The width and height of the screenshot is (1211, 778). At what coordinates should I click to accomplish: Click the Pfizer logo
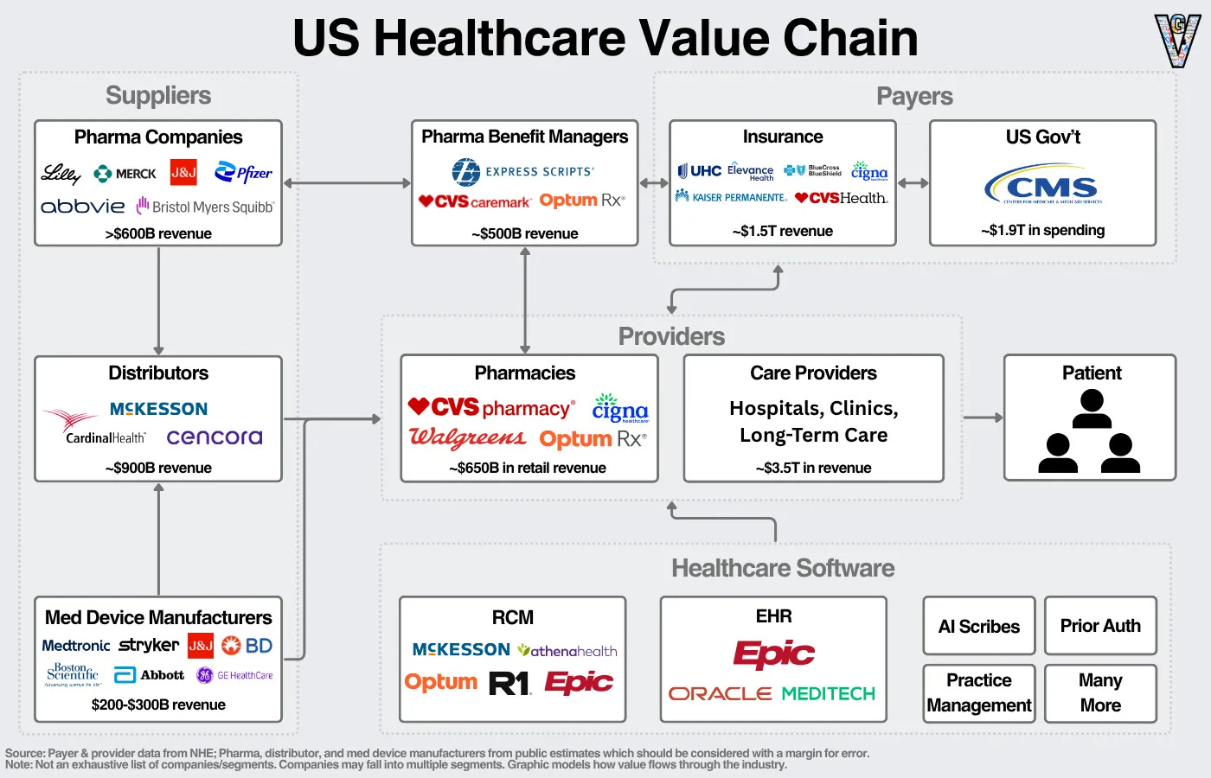(x=243, y=173)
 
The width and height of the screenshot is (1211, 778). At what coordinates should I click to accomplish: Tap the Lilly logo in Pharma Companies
(x=61, y=174)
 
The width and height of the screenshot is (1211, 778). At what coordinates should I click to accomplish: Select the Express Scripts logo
(x=523, y=172)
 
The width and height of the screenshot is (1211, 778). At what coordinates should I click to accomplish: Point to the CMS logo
(x=1042, y=185)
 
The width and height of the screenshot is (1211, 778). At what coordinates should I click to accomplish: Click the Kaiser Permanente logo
(x=731, y=197)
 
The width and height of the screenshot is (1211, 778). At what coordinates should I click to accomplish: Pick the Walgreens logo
(x=467, y=438)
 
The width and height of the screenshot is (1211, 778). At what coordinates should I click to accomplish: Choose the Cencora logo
(x=214, y=437)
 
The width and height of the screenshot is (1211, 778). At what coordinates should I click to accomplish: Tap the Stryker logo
(x=149, y=645)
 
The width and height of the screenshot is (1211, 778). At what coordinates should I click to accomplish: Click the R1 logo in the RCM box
(x=509, y=684)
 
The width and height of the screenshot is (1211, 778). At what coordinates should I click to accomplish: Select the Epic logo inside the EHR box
(x=773, y=654)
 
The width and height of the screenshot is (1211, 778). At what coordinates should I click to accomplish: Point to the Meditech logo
(x=828, y=693)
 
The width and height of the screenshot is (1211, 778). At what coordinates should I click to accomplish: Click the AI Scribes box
(x=978, y=626)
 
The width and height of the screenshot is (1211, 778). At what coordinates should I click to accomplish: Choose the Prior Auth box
(x=1100, y=625)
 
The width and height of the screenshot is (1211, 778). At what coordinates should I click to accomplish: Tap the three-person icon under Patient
(x=1092, y=431)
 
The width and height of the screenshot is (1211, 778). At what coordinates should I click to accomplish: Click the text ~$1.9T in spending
(x=1042, y=230)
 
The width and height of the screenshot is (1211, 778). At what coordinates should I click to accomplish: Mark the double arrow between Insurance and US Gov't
(x=913, y=183)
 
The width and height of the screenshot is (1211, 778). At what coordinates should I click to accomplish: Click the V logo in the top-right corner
(x=1177, y=40)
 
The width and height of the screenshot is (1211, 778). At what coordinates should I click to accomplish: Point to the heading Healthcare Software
(x=783, y=568)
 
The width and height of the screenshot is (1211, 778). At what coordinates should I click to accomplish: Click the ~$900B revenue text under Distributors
(x=158, y=468)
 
